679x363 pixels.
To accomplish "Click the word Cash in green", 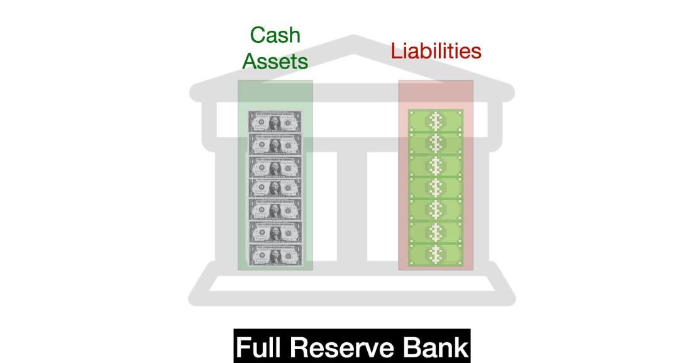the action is coord(275,35).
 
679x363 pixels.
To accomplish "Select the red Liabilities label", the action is coord(436,51).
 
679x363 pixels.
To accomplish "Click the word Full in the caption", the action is coord(260,347).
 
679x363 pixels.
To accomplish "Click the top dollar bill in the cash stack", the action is coord(275,122).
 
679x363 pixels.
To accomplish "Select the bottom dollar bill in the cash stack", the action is coord(275,255).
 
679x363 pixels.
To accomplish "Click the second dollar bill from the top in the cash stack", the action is coord(275,144).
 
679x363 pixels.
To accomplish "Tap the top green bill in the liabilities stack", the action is coord(436,121).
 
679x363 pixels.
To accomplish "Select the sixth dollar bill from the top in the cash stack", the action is coord(275,233).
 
